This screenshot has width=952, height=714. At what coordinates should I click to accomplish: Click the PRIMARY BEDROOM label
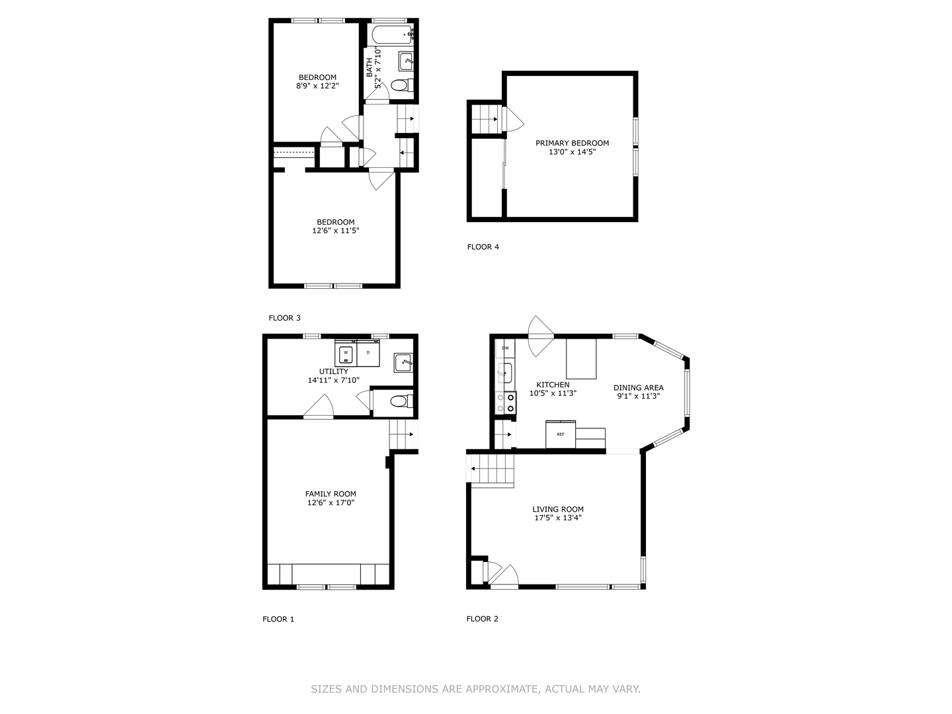click(x=572, y=143)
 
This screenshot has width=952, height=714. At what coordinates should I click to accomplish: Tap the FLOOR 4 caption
click(x=483, y=247)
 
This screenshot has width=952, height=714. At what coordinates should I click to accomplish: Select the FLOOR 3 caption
click(x=284, y=318)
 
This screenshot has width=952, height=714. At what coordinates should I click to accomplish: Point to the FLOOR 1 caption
click(x=278, y=619)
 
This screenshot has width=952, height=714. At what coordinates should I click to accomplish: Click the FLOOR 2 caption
click(x=483, y=619)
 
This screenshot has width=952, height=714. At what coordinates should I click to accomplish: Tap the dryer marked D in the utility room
click(x=368, y=352)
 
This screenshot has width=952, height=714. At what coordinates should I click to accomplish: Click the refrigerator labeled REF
click(x=561, y=434)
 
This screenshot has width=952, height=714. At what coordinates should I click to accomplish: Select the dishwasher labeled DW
click(x=505, y=348)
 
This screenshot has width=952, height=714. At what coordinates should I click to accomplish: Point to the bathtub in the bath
click(x=391, y=34)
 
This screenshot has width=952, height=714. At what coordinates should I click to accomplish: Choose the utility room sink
click(x=403, y=362)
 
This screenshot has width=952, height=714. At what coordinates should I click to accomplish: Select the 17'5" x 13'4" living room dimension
click(x=558, y=518)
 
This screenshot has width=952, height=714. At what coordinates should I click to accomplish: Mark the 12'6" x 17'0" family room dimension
click(x=331, y=502)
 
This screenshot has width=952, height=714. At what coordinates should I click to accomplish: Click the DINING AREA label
click(x=639, y=387)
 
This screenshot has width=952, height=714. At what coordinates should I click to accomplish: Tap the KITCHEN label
click(x=553, y=385)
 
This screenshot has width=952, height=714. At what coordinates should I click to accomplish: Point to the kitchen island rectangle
click(x=581, y=358)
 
